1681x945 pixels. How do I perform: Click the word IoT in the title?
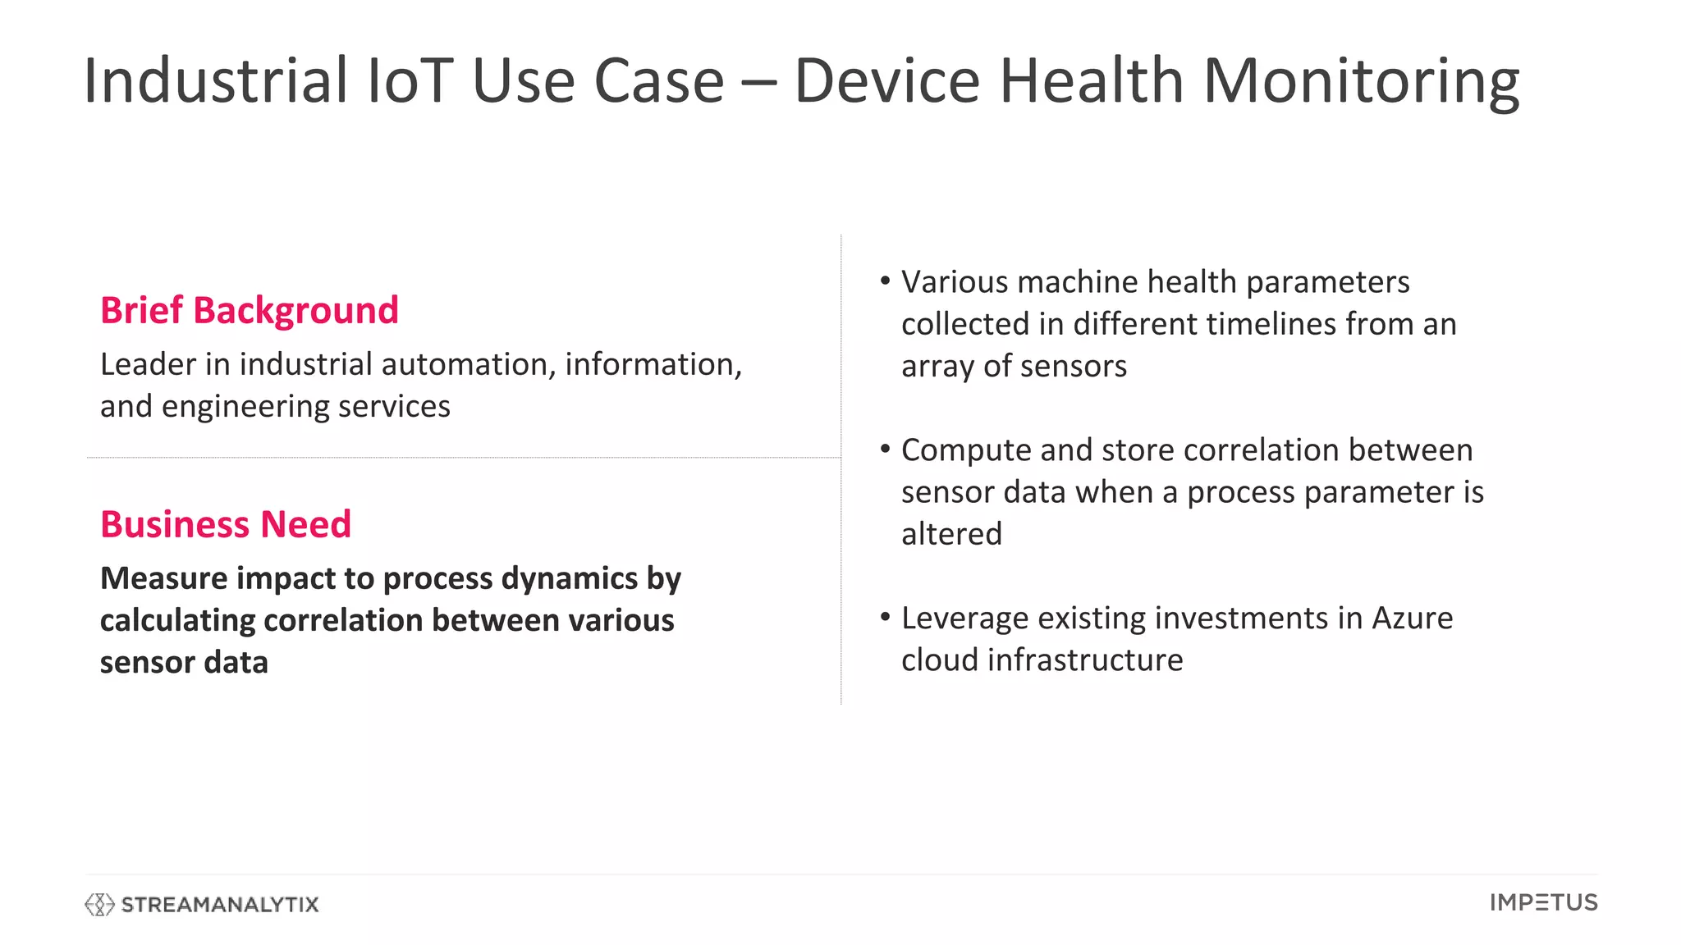click(409, 80)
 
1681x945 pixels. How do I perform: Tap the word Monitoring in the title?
click(1361, 82)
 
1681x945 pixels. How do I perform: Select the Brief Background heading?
click(249, 310)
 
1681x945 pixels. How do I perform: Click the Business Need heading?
click(226, 524)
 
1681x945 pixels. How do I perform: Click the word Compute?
click(965, 450)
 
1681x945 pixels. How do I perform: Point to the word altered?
click(951, 534)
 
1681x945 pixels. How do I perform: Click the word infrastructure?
click(1085, 660)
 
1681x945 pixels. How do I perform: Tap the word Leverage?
click(964, 619)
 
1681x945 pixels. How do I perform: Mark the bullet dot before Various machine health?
click(885, 281)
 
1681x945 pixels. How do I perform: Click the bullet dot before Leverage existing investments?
click(885, 617)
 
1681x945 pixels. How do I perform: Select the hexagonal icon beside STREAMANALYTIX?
click(99, 904)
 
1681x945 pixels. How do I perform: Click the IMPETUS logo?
click(1543, 902)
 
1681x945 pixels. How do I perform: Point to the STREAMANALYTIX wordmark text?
click(219, 905)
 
